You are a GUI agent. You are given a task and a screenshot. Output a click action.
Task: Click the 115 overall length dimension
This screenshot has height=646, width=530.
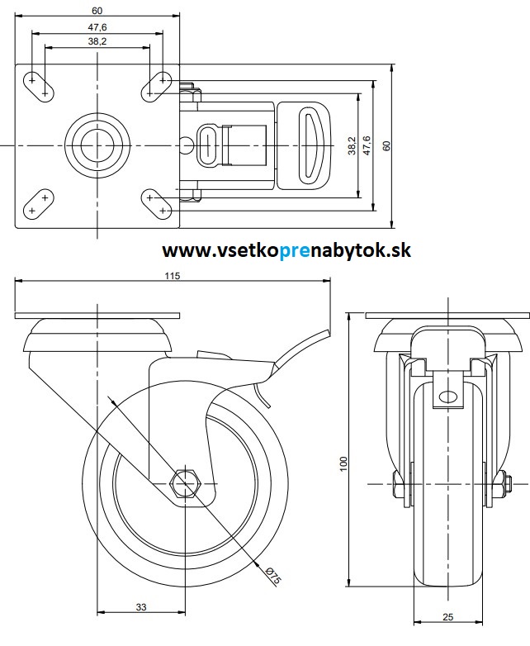pyautogui.click(x=172, y=276)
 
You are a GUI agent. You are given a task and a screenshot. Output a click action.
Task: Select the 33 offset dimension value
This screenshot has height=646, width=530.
pyautogui.click(x=141, y=607)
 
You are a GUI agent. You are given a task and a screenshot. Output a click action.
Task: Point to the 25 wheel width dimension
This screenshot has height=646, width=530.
pyautogui.click(x=447, y=615)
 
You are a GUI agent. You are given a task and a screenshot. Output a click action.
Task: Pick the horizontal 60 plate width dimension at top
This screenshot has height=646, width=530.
pyautogui.click(x=97, y=11)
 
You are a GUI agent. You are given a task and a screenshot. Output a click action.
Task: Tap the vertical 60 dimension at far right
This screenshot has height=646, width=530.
pyautogui.click(x=386, y=145)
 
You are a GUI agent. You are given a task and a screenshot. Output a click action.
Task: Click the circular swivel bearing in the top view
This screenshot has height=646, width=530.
pyautogui.click(x=97, y=145)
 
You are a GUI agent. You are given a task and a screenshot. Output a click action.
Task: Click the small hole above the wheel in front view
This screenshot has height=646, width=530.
pyautogui.click(x=450, y=396)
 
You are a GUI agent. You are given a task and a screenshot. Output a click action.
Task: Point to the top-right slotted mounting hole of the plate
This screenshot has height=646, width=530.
pyautogui.click(x=157, y=84)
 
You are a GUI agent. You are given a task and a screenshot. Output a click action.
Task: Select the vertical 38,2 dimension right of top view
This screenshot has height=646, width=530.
pyautogui.click(x=351, y=145)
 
